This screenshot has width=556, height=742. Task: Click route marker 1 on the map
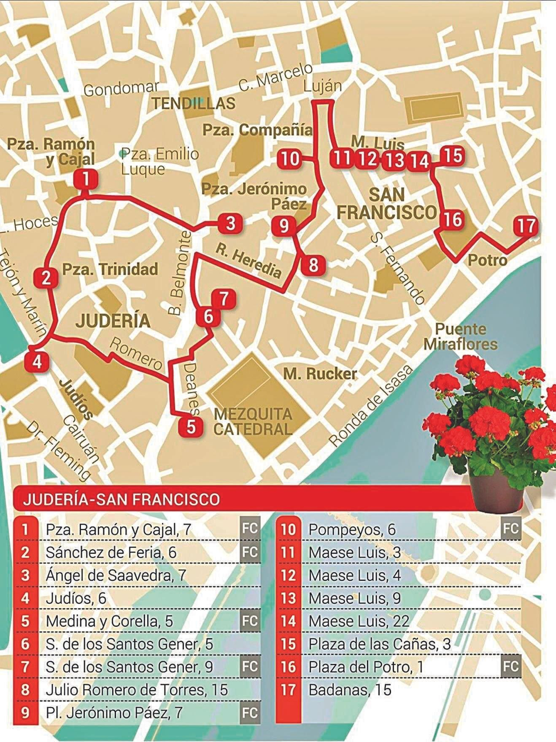(85, 179)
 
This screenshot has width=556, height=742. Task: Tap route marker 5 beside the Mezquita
(191, 426)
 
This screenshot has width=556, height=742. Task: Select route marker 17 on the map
(526, 226)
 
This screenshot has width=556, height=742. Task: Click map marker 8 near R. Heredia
(313, 265)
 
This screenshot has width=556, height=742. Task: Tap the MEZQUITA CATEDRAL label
(253, 422)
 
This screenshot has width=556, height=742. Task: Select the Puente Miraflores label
(461, 336)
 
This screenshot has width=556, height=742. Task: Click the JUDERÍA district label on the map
(113, 320)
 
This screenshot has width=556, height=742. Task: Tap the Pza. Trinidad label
(110, 269)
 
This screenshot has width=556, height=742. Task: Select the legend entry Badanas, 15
(350, 690)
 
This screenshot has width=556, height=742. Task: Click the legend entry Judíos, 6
(76, 598)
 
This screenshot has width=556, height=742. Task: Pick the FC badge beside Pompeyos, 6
(511, 529)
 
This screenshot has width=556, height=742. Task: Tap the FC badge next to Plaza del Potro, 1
(511, 667)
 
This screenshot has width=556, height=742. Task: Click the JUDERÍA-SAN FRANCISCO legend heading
(122, 499)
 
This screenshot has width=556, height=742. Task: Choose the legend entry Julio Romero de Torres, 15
(136, 690)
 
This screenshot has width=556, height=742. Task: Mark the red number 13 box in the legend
(288, 598)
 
